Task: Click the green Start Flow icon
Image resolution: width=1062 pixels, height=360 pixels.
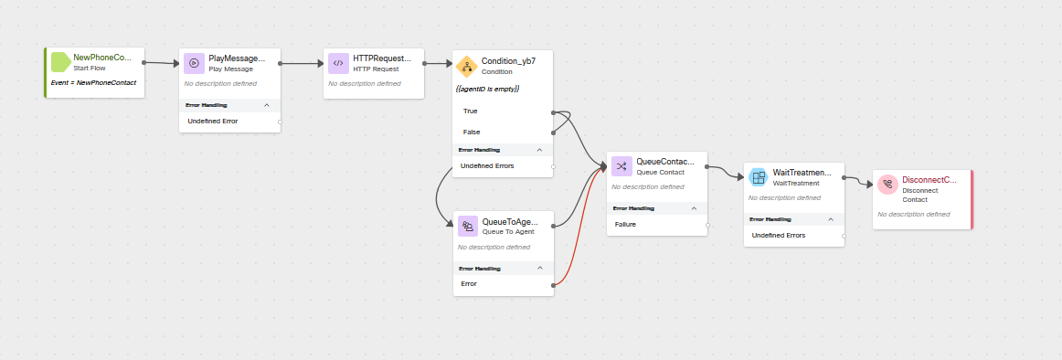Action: (61, 62)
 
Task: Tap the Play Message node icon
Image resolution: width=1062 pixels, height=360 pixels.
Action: (194, 63)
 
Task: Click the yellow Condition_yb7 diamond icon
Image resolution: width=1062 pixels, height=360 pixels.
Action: (467, 66)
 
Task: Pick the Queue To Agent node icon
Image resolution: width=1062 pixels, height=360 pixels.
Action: (467, 226)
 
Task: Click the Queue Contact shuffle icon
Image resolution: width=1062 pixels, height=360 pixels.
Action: (621, 166)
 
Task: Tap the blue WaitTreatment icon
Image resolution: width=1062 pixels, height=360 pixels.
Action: (759, 177)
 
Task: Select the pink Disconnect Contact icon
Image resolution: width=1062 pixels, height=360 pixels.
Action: (887, 185)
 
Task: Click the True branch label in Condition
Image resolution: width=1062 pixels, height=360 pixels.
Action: (471, 111)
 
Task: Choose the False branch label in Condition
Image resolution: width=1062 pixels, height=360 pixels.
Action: (472, 132)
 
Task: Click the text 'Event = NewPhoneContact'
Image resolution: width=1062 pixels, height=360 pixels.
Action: (93, 82)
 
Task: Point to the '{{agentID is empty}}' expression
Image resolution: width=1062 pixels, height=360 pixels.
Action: (487, 89)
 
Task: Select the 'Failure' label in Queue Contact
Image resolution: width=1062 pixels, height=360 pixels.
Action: (626, 224)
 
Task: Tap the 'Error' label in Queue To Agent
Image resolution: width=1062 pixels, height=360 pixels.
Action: (469, 284)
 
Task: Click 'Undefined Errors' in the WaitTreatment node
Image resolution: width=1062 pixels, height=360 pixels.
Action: (779, 235)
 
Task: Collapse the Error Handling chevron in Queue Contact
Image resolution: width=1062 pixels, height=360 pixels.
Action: (695, 208)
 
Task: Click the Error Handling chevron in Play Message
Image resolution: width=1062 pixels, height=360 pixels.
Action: (267, 105)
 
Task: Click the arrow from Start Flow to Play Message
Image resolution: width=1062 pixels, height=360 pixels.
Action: (162, 63)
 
